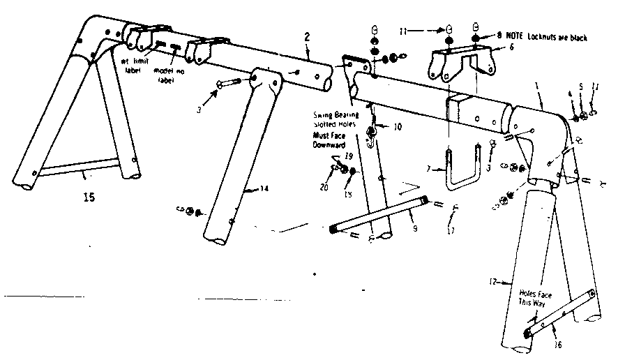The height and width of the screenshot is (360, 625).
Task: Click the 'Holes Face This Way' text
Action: point(534,299)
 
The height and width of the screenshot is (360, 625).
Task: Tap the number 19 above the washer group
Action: point(349,157)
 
